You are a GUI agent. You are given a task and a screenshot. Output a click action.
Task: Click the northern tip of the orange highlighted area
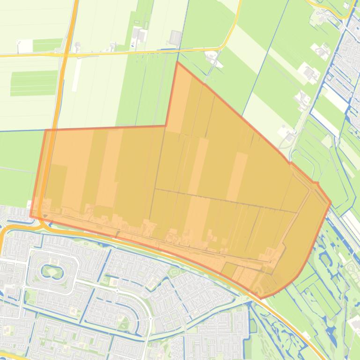coord(177,62)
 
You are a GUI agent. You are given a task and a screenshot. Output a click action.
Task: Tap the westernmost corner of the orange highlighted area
coord(30,216)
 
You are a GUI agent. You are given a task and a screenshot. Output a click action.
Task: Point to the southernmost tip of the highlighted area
coord(261,298)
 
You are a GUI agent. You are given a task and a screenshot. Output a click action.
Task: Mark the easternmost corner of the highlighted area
coord(331,202)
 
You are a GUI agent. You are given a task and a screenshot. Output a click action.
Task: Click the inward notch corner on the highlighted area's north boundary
coord(166,125)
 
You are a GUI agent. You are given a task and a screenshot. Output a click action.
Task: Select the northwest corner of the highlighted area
coord(45,130)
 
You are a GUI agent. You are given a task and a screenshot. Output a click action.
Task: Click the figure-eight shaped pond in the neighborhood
coord(51,271)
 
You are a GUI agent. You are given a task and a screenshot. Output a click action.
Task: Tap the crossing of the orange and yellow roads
coord(64,53)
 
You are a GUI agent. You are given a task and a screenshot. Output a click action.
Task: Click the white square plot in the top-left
coord(25,46)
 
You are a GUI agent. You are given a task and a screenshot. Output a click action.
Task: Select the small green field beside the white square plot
coord(47,45)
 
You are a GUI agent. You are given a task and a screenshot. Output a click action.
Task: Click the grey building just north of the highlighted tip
coord(176,37)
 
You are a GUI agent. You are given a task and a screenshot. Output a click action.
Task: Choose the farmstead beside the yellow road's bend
coord(212,58)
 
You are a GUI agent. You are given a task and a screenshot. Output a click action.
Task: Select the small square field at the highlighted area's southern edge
coord(229,270)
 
